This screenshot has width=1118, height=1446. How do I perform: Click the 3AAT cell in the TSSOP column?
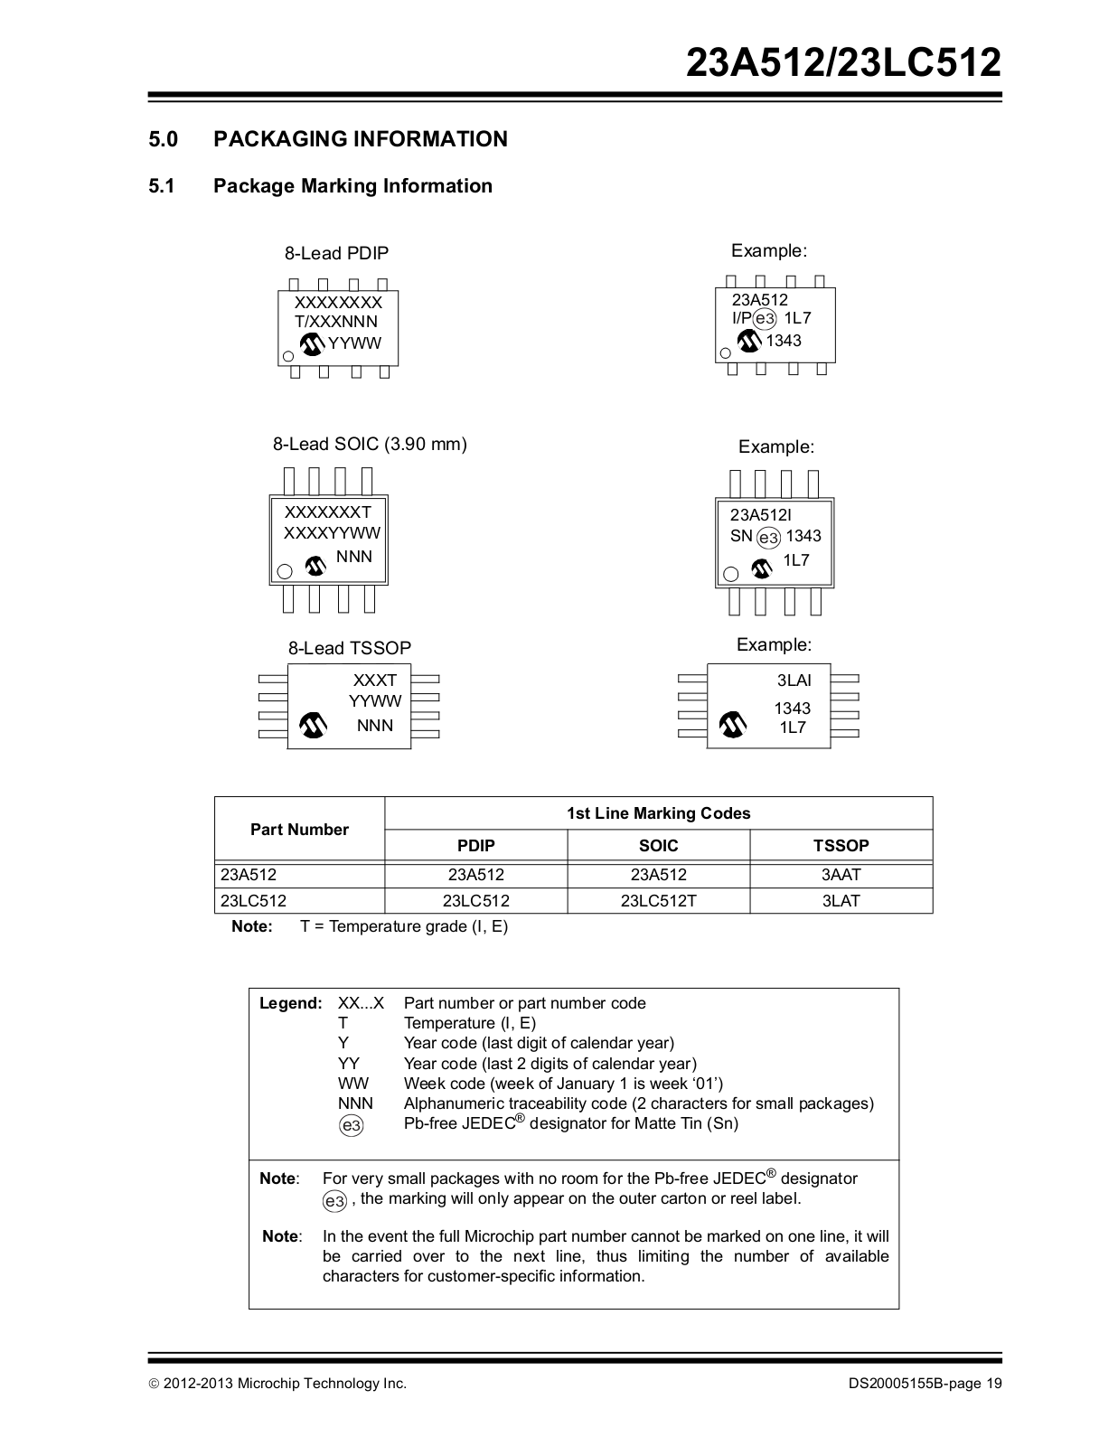tap(841, 875)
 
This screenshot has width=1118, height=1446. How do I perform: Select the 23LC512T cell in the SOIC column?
tap(658, 901)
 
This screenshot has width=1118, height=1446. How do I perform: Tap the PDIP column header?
tap(475, 846)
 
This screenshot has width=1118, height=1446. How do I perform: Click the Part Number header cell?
tap(299, 830)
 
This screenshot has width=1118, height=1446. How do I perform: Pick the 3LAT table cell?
tap(841, 901)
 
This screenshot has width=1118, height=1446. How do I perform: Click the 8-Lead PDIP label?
tap(336, 254)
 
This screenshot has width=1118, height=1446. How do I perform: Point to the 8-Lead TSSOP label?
tap(349, 649)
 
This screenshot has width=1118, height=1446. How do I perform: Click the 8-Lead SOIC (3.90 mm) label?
tap(370, 445)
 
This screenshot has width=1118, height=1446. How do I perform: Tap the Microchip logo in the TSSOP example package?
tap(733, 725)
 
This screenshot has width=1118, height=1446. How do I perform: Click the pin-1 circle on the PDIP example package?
tap(725, 353)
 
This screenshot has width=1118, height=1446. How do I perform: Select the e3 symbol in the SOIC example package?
tap(768, 538)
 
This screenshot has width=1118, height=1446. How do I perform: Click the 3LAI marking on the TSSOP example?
tap(794, 681)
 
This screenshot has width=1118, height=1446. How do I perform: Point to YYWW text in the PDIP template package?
tap(354, 343)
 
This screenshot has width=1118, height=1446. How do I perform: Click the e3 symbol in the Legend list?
tap(352, 1125)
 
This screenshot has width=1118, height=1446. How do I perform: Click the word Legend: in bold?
tap(290, 1003)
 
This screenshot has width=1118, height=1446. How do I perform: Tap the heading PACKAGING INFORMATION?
tap(360, 139)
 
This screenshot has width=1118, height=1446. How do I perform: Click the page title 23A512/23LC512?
tap(843, 63)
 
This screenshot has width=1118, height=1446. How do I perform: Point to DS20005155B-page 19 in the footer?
tap(925, 1384)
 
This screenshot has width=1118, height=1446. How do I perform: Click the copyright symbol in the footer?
tap(155, 1384)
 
